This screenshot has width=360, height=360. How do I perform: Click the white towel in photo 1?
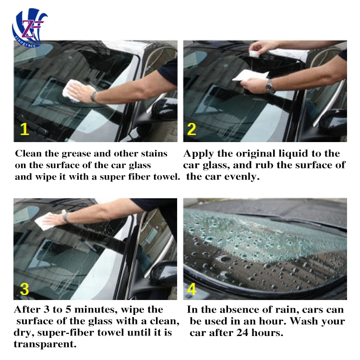[x=73, y=91]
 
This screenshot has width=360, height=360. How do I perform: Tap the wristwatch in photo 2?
[x=271, y=86]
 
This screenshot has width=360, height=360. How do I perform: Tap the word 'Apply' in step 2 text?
[x=198, y=154]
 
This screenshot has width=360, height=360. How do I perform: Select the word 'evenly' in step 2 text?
[x=245, y=177]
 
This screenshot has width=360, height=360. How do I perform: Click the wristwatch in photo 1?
[x=93, y=96]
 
